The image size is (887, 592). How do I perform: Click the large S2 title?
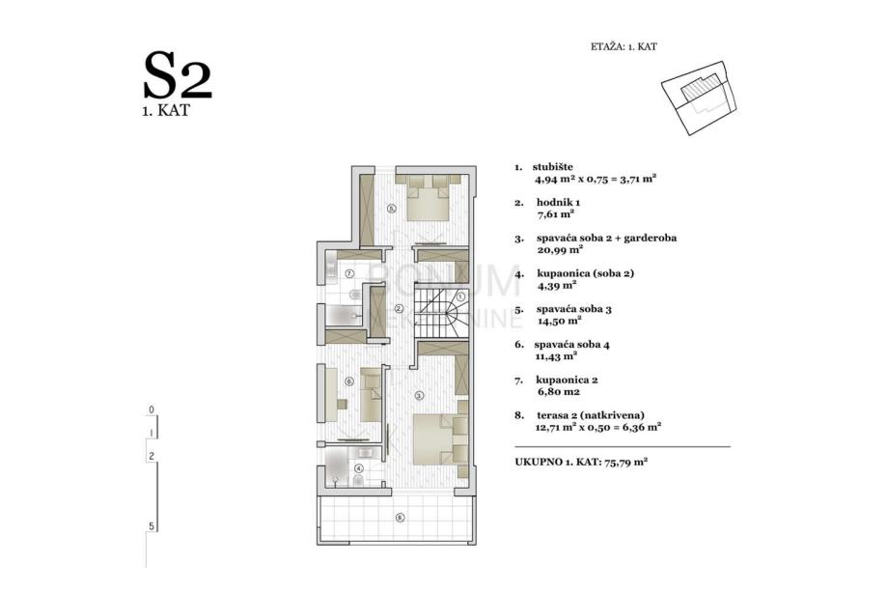(178, 75)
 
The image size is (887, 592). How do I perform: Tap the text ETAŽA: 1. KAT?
(624, 47)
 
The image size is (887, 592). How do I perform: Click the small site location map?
(700, 98)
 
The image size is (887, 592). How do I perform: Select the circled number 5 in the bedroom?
(392, 209)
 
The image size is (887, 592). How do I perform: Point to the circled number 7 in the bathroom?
(349, 273)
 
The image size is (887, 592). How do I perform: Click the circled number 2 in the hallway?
(399, 309)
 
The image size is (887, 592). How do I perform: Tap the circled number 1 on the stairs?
(460, 296)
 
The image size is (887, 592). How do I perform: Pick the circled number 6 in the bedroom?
(349, 381)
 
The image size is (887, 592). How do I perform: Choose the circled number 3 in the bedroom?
(419, 395)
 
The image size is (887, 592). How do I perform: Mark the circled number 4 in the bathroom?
(359, 468)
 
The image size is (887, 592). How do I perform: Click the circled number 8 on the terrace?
(401, 517)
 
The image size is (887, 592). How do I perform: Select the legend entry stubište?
(553, 167)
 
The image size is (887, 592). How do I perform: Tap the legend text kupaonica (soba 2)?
(586, 274)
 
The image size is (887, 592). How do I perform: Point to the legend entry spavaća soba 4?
(572, 345)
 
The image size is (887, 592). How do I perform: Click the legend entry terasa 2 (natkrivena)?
(591, 415)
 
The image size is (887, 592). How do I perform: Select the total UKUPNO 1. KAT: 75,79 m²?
(581, 462)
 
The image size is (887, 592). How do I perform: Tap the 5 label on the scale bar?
(151, 526)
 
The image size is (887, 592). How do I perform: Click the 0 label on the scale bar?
(151, 409)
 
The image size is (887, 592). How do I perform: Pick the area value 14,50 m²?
(559, 321)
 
